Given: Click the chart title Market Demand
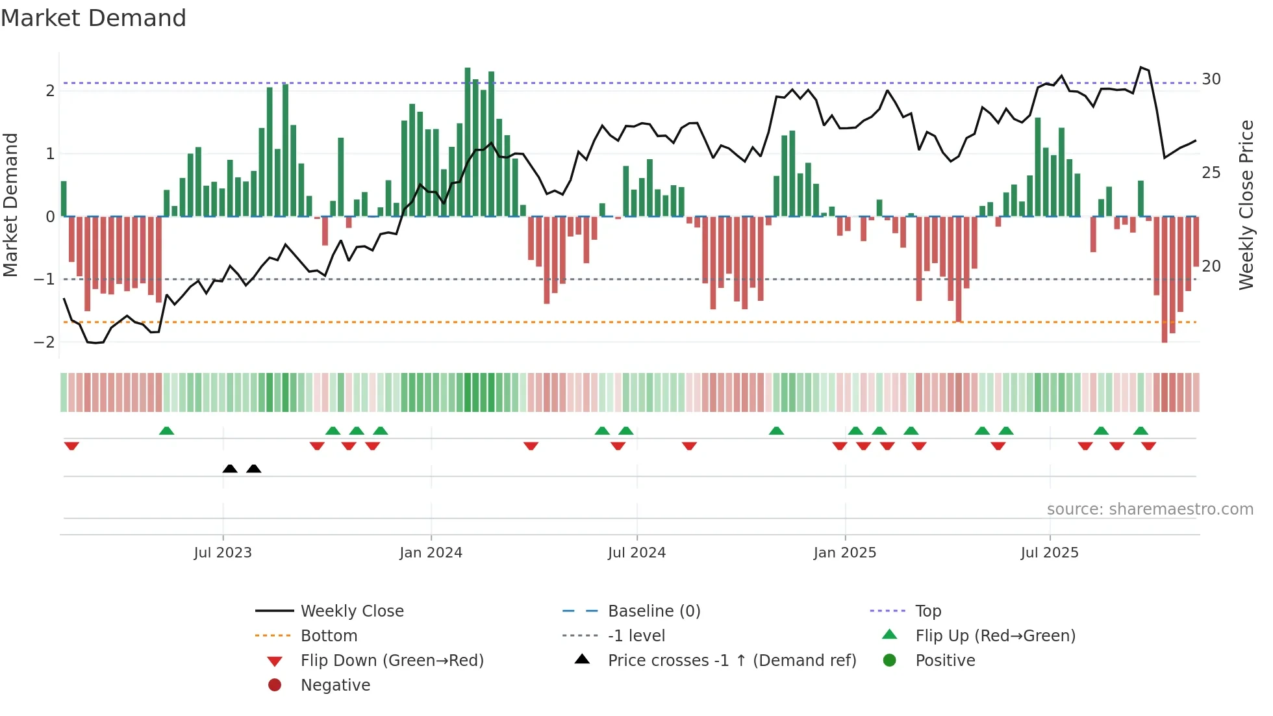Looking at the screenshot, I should (94, 18).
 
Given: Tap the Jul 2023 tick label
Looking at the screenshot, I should (222, 553).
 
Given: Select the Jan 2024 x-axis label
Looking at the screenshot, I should (431, 553).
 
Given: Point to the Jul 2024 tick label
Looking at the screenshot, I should (636, 553).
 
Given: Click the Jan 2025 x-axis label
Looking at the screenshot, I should (844, 553).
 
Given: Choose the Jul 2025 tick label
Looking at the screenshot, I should (1049, 553).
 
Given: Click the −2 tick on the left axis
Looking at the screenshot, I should (44, 342).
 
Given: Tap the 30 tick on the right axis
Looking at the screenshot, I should (1211, 79).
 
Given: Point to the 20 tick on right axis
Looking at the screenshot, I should (1211, 266).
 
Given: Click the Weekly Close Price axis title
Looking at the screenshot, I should (1246, 205).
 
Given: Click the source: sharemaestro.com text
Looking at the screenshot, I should (1150, 509).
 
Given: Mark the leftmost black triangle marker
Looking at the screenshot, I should (230, 469).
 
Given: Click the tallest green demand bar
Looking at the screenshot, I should (468, 142).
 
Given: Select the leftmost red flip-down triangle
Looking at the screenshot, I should (71, 446).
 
